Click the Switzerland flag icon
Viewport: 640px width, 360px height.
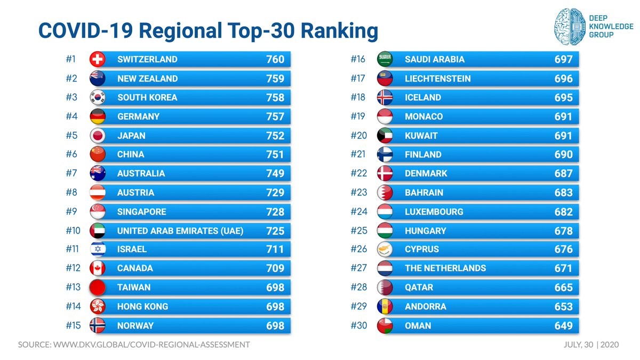tap(98, 59)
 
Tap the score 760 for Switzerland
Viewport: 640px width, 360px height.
tap(275, 59)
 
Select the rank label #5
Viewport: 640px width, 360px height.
tap(71, 135)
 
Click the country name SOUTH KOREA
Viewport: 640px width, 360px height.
tap(147, 98)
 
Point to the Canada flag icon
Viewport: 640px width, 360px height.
tap(98, 268)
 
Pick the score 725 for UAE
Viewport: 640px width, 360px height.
tap(275, 231)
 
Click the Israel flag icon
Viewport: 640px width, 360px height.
tap(98, 249)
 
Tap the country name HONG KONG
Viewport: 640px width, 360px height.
tap(142, 307)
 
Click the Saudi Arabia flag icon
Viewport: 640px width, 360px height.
tap(385, 59)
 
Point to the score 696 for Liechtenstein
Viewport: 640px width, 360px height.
tap(563, 78)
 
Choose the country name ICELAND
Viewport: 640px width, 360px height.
tap(423, 98)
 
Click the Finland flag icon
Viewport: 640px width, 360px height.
tap(385, 155)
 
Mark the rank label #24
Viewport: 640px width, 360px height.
tap(359, 212)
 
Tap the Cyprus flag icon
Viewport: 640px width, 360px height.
tap(385, 249)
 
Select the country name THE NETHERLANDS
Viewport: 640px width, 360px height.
tap(445, 268)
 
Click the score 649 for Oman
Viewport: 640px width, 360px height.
tap(563, 326)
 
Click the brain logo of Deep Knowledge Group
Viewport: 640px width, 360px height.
tap(569, 26)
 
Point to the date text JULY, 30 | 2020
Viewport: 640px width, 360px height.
tap(591, 345)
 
